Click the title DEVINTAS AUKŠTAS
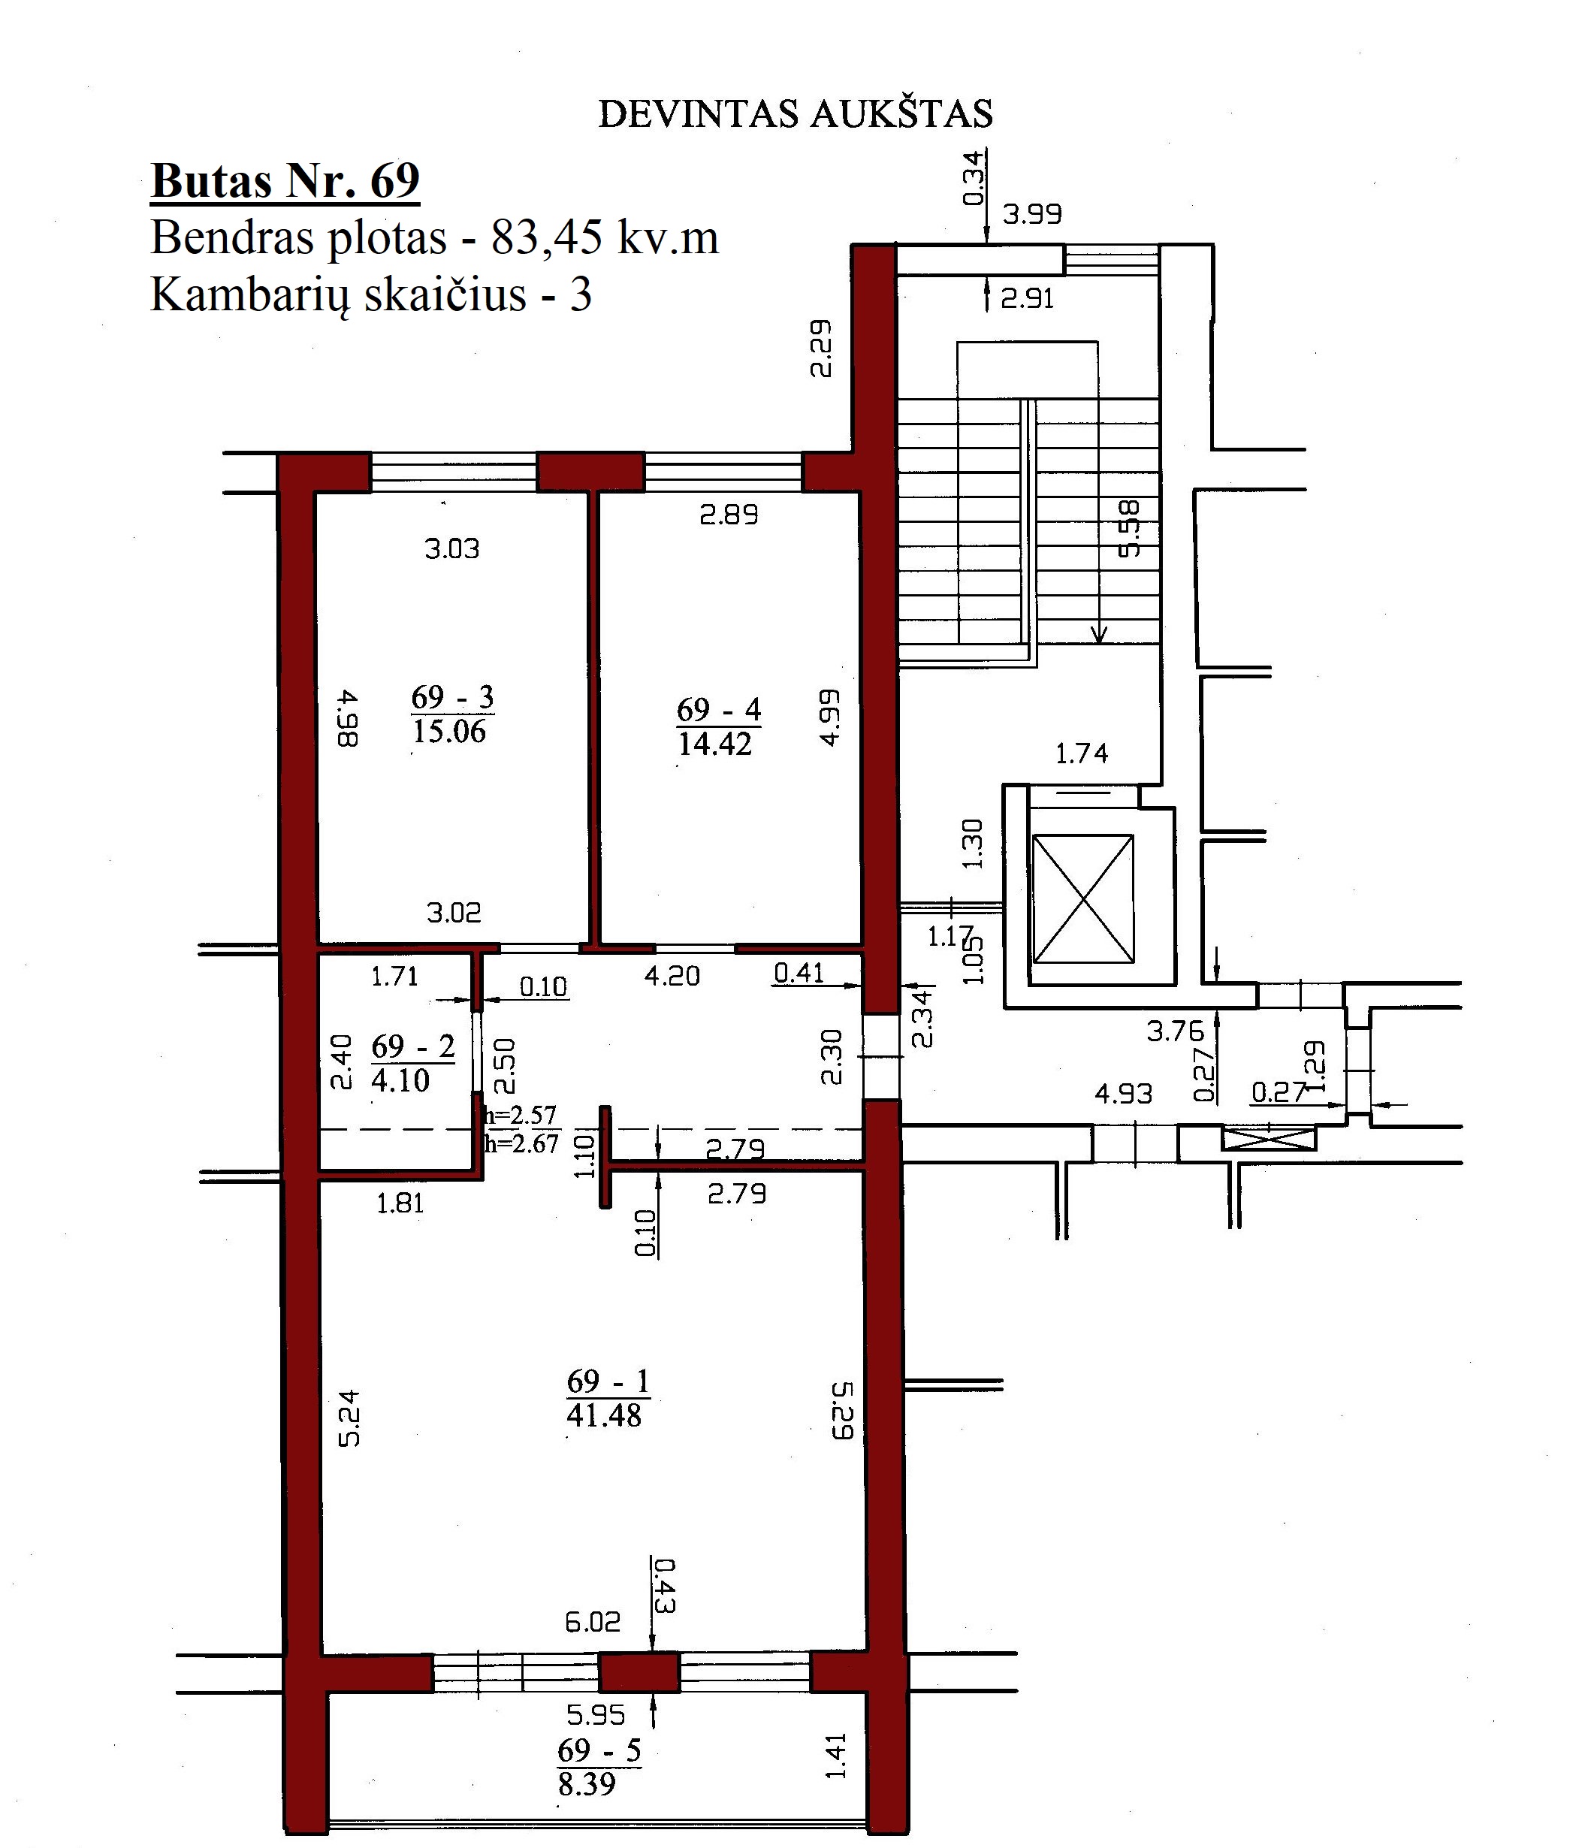pyautogui.click(x=796, y=113)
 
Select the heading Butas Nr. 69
pyautogui.click(x=285, y=181)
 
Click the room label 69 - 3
pyautogui.click(x=452, y=696)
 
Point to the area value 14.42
pyautogui.click(x=715, y=743)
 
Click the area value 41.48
pyautogui.click(x=604, y=1415)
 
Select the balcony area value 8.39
pyautogui.click(x=587, y=1784)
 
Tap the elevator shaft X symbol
pyautogui.click(x=1082, y=899)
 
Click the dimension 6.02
pyautogui.click(x=593, y=1621)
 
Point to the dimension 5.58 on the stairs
pyautogui.click(x=1129, y=529)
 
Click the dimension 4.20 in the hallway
pyautogui.click(x=672, y=976)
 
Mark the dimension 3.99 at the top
pyautogui.click(x=1032, y=214)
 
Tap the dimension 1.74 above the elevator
pyautogui.click(x=1082, y=753)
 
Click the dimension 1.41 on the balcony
pyautogui.click(x=835, y=1756)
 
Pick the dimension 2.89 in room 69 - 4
pyautogui.click(x=729, y=515)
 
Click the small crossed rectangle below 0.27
pyautogui.click(x=1269, y=1139)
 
